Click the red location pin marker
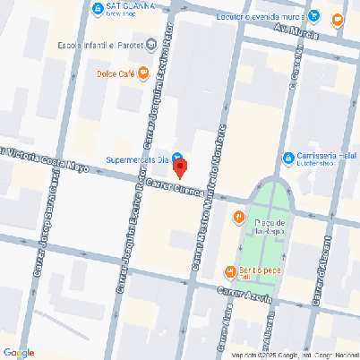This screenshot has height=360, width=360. pyautogui.click(x=179, y=167)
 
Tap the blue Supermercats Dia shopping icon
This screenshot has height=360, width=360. pyautogui.click(x=176, y=152)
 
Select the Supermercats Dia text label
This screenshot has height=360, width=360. pyautogui.click(x=135, y=159)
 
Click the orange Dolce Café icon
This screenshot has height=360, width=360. pyautogui.click(x=143, y=73)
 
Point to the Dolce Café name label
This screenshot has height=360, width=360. pyautogui.click(x=116, y=73)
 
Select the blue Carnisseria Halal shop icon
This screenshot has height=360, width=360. pyautogui.click(x=288, y=159)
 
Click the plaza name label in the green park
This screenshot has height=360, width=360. pyautogui.click(x=269, y=226)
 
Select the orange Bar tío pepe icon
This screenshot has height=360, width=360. pyautogui.click(x=232, y=270)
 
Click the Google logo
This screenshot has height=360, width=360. pyautogui.click(x=19, y=351)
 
